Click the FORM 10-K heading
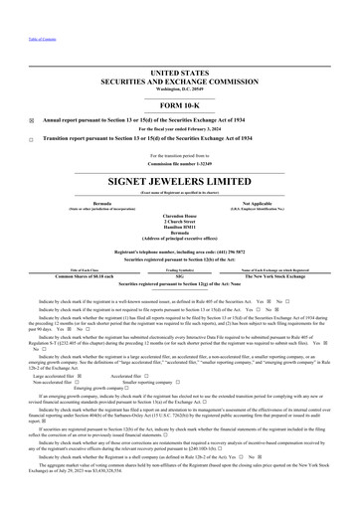point(180,79)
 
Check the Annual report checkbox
point(32,97)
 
